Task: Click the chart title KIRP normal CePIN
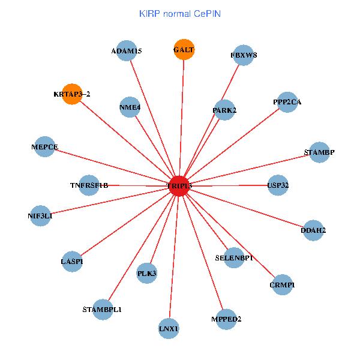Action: pyautogui.click(x=179, y=13)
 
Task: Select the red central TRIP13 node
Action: pyautogui.click(x=179, y=186)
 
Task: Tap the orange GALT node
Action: pyautogui.click(x=184, y=50)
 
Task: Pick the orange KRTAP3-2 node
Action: pyautogui.click(x=71, y=94)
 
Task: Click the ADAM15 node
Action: pyautogui.click(x=127, y=51)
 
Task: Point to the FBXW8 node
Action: pyautogui.click(x=244, y=55)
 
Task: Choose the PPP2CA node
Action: pyautogui.click(x=287, y=102)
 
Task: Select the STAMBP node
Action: pyautogui.click(x=319, y=152)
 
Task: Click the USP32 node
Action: pyautogui.click(x=278, y=185)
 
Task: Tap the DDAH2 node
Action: pyautogui.click(x=313, y=230)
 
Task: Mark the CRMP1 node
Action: pyautogui.click(x=282, y=285)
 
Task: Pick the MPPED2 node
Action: pyautogui.click(x=226, y=319)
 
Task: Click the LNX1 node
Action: pyautogui.click(x=169, y=328)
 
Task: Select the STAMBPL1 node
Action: pyautogui.click(x=102, y=310)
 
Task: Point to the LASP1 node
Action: pyautogui.click(x=72, y=262)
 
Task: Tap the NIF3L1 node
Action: pyautogui.click(x=40, y=215)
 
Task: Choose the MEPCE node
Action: pyautogui.click(x=45, y=147)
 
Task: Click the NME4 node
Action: pyautogui.click(x=130, y=107)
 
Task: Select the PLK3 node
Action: pyautogui.click(x=147, y=274)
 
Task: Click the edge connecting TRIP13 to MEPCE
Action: pyautogui.click(x=112, y=166)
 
